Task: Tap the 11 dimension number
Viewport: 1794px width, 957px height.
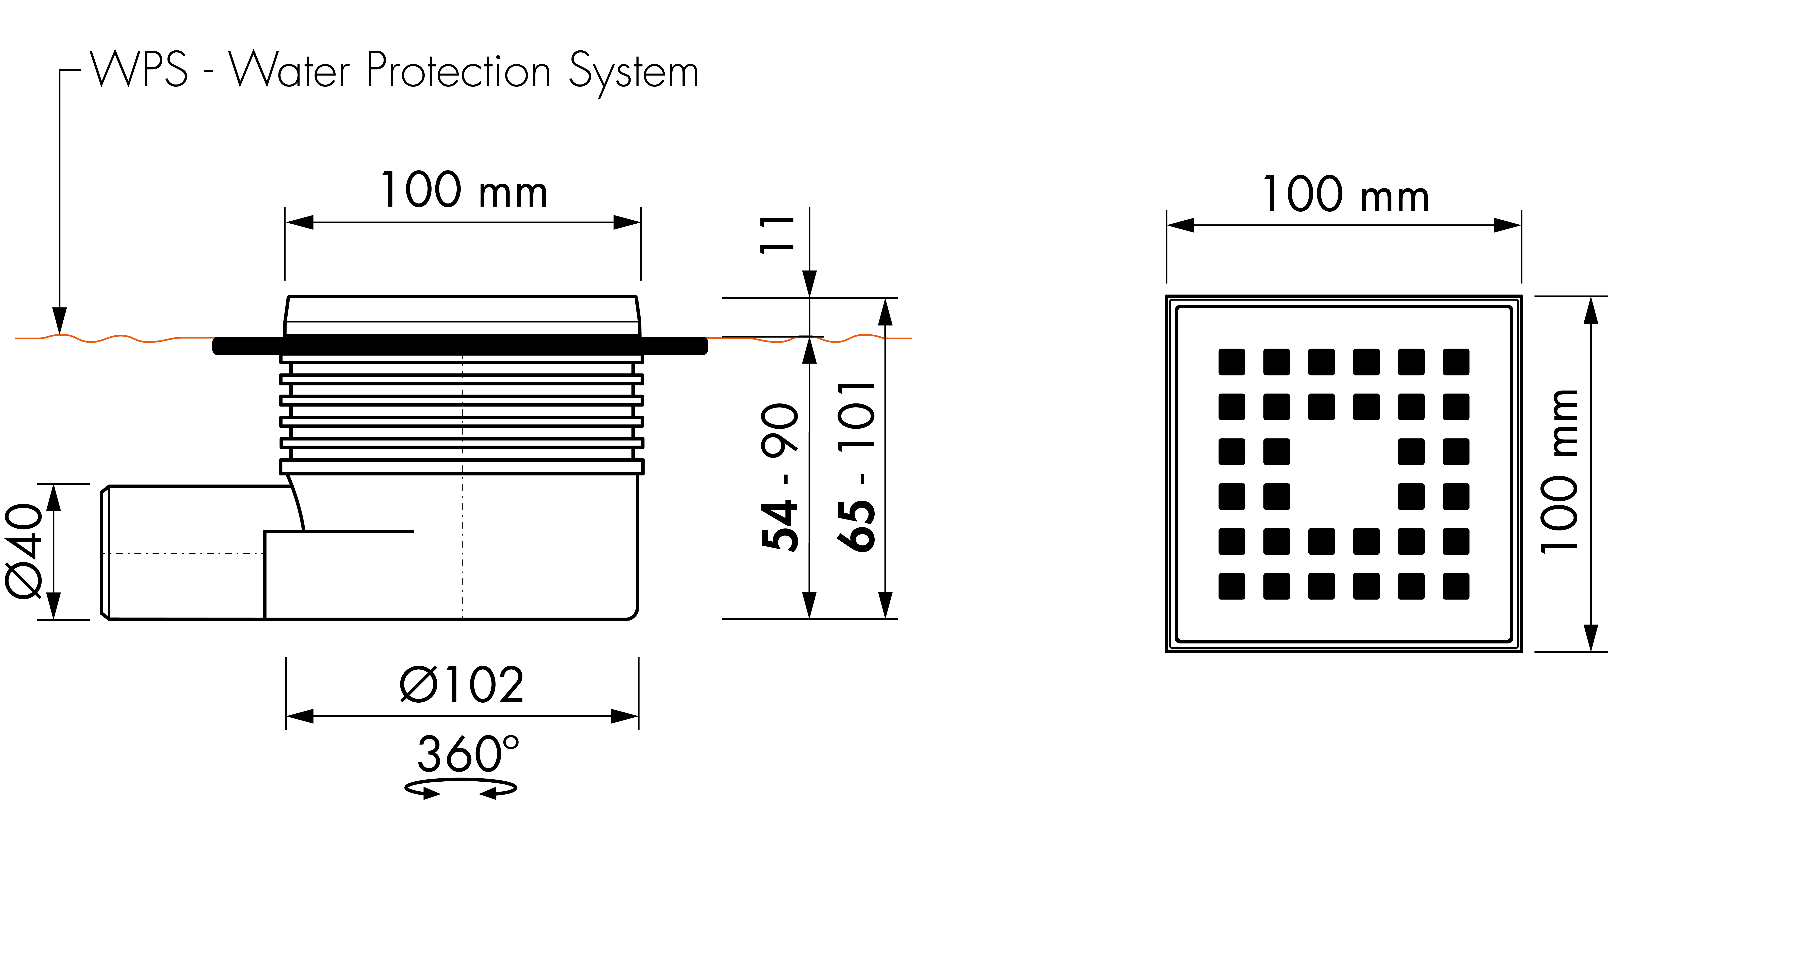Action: pyautogui.click(x=777, y=235)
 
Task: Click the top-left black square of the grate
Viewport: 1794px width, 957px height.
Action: pyautogui.click(x=1231, y=362)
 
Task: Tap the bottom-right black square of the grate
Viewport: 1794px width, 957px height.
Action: pyautogui.click(x=1456, y=587)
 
